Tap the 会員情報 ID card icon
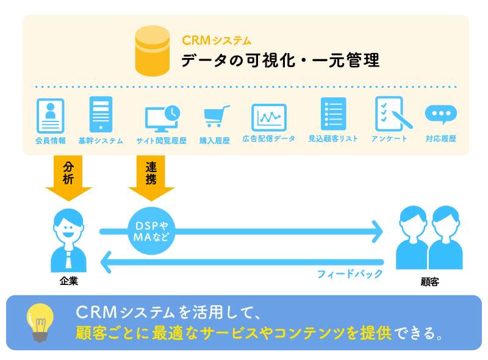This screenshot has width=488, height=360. coord(50,114)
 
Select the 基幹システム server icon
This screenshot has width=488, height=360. coord(101,113)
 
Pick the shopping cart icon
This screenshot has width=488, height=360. coord(216,116)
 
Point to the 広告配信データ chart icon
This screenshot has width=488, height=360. coord(269,116)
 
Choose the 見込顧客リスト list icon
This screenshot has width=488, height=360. coord(333,113)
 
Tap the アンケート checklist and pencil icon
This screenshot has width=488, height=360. coord(389,113)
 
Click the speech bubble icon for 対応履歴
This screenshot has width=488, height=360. coord(440,115)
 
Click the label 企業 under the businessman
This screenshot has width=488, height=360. coord(69,282)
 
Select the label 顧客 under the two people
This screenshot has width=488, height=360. coord(430,283)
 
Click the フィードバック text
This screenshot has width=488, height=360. coord(350,273)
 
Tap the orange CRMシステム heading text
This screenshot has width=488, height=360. coord(217,41)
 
